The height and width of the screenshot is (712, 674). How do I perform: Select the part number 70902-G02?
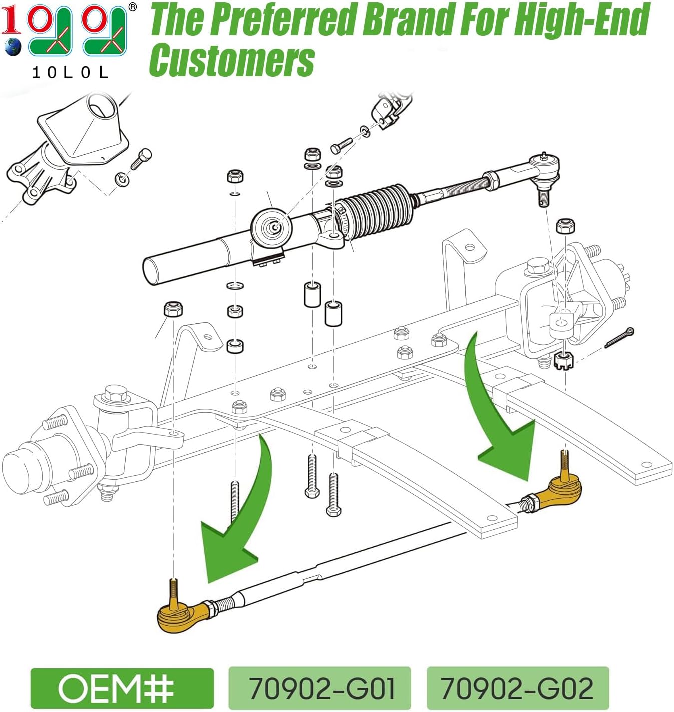pos(517,688)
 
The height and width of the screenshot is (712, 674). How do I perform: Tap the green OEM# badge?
pos(122,688)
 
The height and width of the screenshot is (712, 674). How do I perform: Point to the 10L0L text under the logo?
pos(70,73)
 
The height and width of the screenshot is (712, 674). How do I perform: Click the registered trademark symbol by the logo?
pos(133,7)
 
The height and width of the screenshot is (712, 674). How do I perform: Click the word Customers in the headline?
pos(232,59)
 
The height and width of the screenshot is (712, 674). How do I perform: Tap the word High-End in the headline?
pos(582,20)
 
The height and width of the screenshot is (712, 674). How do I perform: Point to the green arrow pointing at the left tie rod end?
pos(250,507)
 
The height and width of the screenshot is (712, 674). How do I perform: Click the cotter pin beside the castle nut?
pos(619,337)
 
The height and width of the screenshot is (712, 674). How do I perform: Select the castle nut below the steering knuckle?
pos(564,362)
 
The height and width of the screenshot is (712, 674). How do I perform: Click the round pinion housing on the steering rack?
pos(271,227)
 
